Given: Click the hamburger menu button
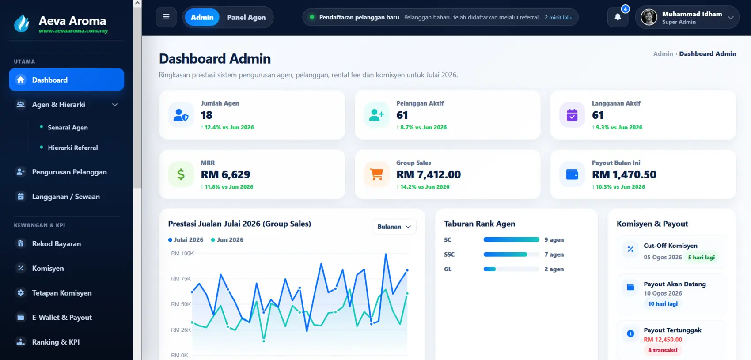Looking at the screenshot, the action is point(166,17).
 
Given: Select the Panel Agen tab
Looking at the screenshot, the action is point(246,17).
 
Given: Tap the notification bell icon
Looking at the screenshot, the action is point(618,17).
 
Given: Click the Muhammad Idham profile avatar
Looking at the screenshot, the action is point(649,17).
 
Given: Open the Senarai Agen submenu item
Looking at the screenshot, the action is point(68,127).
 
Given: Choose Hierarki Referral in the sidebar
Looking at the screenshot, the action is point(73,148).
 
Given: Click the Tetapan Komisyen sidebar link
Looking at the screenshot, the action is point(62,292).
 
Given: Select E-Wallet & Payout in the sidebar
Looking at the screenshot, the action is point(62,317).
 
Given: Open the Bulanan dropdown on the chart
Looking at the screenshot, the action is point(394,227).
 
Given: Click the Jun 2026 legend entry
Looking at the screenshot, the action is point(227,240).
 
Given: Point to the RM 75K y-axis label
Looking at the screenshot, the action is point(181,279).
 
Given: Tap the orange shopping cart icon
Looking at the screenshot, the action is point(376,174).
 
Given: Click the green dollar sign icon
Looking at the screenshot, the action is point(181,174).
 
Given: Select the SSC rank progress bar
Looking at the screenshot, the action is point(511,254).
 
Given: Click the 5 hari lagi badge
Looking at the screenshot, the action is point(702,258).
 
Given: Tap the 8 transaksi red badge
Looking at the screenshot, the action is point(663,350).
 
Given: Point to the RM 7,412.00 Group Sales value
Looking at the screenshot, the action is point(429,174).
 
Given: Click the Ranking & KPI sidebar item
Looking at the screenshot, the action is point(56,342).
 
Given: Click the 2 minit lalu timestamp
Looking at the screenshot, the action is point(558,17).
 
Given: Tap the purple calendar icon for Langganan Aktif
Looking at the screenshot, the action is point(572,115).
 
